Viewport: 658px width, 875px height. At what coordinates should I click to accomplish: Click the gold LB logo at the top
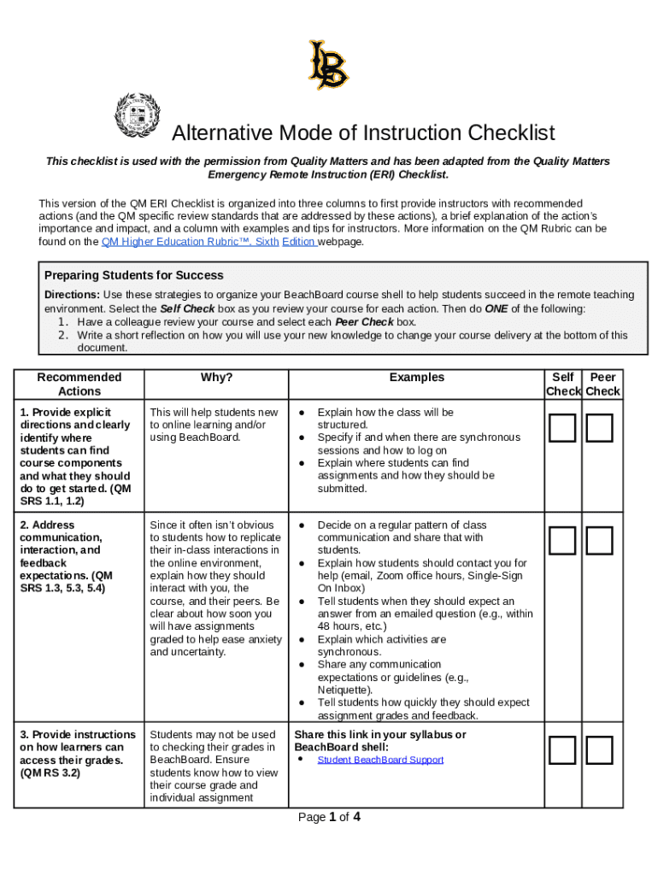328,65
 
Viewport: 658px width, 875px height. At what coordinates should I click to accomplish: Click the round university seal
137,115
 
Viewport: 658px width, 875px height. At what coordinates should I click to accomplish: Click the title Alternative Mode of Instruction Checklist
363,133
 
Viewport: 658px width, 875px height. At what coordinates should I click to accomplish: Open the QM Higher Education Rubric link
209,242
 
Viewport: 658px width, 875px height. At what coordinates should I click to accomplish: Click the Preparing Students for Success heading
134,275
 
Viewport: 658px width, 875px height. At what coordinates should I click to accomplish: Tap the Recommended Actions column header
79,384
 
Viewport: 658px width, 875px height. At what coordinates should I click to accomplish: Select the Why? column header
216,377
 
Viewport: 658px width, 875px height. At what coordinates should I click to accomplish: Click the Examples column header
416,377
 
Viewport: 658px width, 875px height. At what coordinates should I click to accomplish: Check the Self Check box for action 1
562,428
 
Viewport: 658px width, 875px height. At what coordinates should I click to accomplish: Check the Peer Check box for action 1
600,428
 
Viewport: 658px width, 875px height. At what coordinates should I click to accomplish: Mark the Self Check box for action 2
562,540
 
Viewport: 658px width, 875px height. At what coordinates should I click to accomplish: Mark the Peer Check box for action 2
600,540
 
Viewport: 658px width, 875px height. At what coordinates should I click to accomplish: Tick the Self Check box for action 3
562,749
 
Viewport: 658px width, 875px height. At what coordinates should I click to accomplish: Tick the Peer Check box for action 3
600,749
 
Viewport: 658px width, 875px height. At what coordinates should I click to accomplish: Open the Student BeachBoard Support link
380,760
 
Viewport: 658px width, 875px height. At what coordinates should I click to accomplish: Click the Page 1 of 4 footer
329,817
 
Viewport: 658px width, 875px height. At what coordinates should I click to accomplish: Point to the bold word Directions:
72,295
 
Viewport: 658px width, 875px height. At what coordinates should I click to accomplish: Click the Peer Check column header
602,384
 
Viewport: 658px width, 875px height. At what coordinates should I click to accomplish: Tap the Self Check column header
563,384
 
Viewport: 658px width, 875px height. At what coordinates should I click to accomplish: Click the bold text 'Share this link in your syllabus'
379,735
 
